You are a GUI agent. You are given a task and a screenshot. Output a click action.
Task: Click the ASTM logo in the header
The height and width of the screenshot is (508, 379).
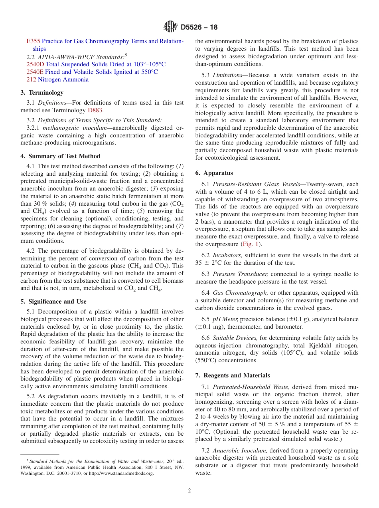[170, 28]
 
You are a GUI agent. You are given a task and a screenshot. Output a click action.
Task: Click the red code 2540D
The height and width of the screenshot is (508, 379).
[35, 64]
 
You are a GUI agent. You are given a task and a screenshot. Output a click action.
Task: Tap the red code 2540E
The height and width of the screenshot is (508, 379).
[35, 72]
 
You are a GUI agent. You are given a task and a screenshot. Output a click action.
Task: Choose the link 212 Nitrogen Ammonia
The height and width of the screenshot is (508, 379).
[57, 79]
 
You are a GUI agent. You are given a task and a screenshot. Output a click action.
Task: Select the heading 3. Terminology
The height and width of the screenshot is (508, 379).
[42, 93]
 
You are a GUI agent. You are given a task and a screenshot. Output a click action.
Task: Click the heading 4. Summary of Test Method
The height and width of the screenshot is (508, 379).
[60, 156]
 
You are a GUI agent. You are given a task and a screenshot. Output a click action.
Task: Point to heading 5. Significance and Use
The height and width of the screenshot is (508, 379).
[53, 302]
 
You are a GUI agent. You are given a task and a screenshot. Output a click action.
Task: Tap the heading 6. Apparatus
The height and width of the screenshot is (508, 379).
[214, 173]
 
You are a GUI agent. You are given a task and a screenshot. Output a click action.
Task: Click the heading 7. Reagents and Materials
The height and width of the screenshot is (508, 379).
[233, 375]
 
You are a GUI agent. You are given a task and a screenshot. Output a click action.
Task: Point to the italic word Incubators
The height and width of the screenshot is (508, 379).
[227, 255]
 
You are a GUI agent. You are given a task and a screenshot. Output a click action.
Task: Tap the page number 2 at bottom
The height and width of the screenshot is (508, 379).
[189, 491]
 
